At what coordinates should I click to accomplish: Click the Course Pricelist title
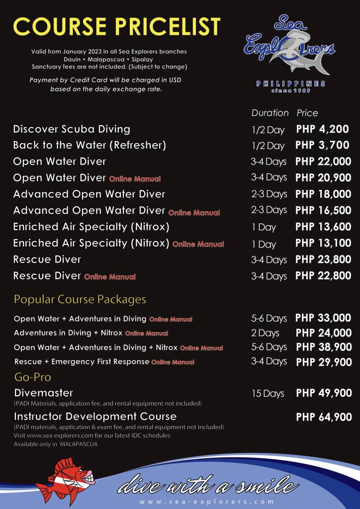tap(116, 26)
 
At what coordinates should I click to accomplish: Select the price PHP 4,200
tap(323, 129)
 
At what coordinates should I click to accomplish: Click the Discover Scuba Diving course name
tap(72, 129)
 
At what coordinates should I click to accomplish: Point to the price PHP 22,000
tap(323, 162)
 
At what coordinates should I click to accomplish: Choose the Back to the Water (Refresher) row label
tap(90, 146)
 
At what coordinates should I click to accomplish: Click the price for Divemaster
tap(324, 393)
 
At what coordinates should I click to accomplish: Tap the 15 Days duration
tap(268, 394)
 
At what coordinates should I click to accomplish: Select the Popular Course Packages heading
tap(80, 300)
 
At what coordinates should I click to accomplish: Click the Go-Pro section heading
tap(32, 377)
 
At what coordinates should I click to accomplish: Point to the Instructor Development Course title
tap(95, 416)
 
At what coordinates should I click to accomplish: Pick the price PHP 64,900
tap(324, 417)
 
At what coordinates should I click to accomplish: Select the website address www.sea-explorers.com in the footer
tap(206, 502)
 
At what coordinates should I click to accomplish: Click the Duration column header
tap(270, 113)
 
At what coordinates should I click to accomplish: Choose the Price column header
tap(307, 113)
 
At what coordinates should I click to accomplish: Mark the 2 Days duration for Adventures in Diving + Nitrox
tap(265, 333)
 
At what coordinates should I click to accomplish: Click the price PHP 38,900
tap(324, 347)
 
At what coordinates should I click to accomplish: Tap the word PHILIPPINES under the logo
tap(291, 84)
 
